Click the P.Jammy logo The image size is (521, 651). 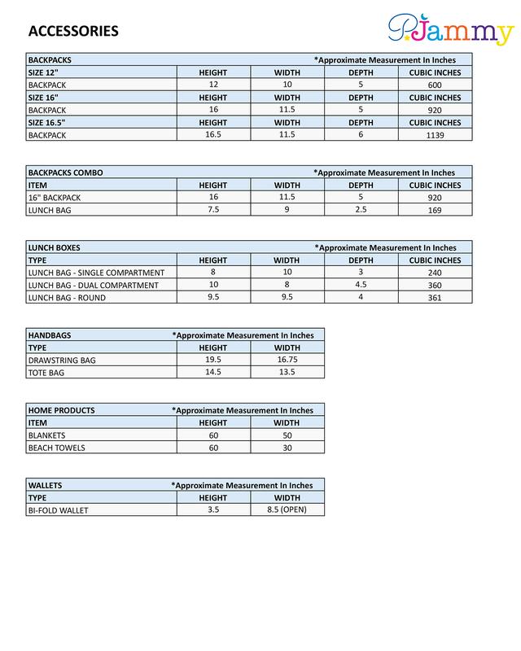pos(450,31)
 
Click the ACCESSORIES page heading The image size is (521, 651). pos(73,32)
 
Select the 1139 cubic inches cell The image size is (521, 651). pos(434,135)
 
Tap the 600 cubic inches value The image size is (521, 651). pos(434,85)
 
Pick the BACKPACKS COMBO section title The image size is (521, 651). pos(65,173)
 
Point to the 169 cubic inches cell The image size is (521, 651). pos(434,211)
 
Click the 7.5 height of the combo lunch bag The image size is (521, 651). pos(213,210)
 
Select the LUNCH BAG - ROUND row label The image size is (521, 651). pos(67,298)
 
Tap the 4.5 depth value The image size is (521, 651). pos(361,285)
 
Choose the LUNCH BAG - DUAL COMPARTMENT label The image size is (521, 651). pos(93,286)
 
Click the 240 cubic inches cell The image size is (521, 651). pos(434,273)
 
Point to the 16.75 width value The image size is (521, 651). pos(287,359)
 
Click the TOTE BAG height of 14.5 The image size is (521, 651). pos(213,372)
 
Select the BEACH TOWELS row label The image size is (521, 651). pos(57,448)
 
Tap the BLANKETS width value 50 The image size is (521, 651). pos(287,435)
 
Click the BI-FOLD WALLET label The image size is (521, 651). pos(59,510)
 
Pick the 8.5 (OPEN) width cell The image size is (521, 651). pos(287,509)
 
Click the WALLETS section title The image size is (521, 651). pos(46,485)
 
